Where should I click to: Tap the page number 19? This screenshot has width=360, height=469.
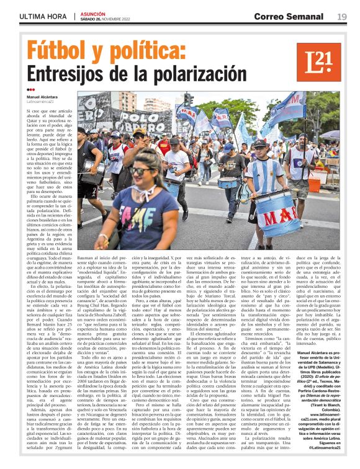342,17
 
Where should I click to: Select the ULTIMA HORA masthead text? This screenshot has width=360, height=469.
43,17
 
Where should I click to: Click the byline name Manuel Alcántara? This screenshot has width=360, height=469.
42,97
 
